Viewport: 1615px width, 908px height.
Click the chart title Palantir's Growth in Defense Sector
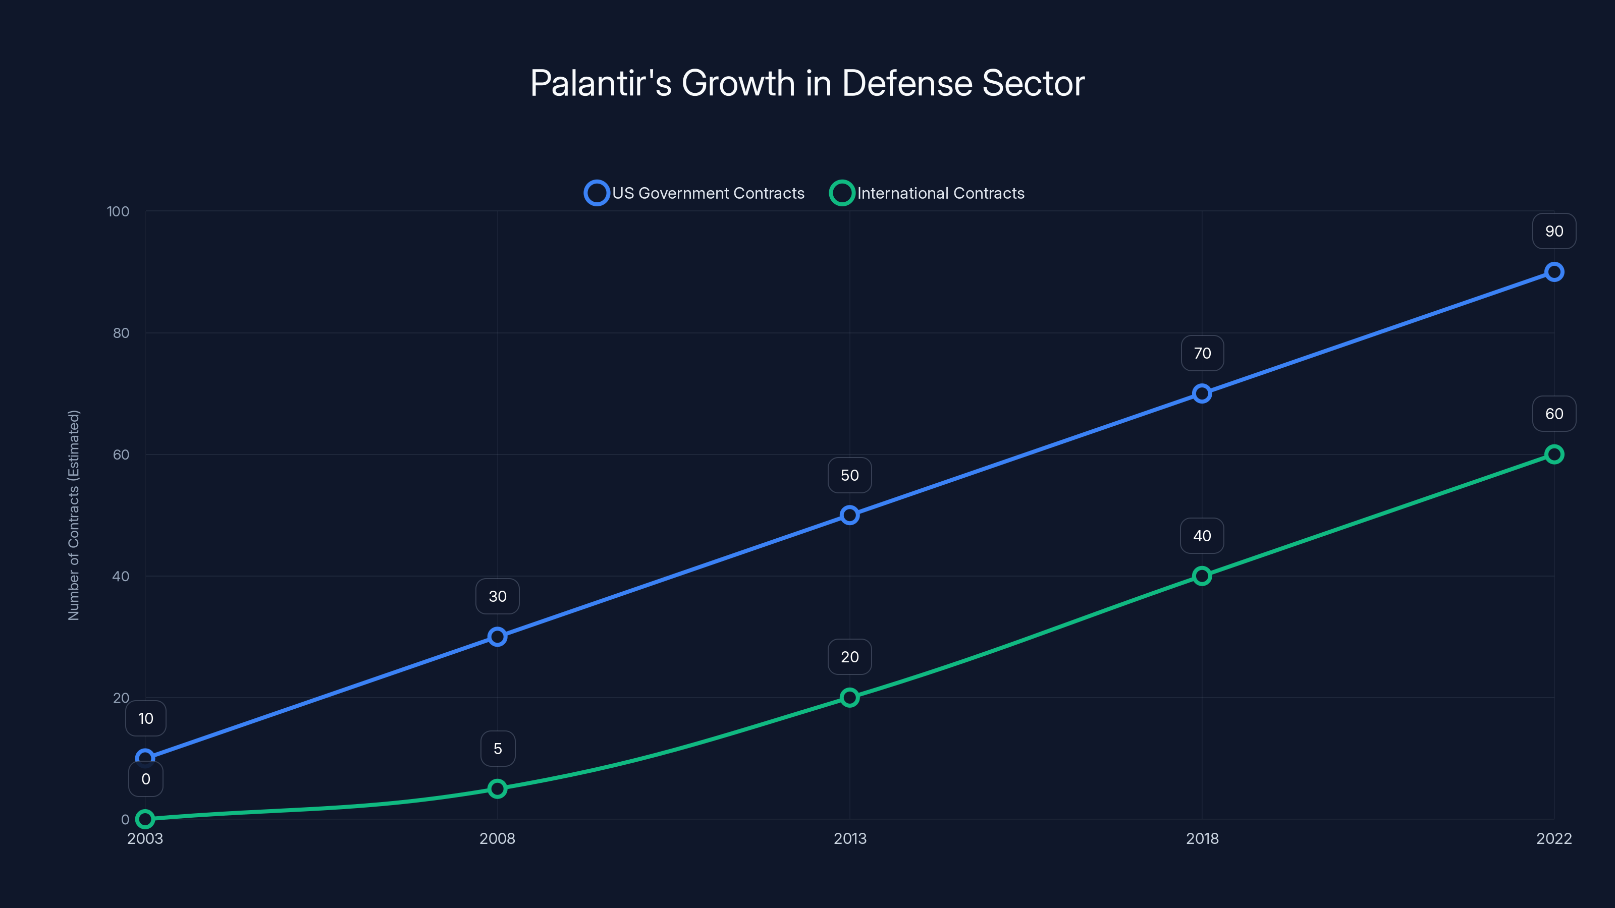[807, 83]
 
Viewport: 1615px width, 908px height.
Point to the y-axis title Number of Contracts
[73, 515]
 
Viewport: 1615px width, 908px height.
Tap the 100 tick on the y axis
[118, 211]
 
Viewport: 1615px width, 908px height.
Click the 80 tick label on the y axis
[121, 333]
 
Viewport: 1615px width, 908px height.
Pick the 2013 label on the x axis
[849, 838]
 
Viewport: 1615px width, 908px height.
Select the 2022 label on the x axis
[1553, 838]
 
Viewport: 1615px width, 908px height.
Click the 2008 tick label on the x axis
[497, 838]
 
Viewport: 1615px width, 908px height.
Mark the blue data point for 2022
[1553, 272]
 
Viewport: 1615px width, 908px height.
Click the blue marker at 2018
[1202, 393]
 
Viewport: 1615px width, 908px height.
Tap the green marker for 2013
[849, 698]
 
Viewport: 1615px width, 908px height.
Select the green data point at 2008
[497, 788]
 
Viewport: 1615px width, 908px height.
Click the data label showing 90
[1553, 231]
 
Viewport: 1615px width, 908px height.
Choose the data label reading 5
[498, 749]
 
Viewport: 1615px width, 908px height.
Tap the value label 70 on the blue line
[1202, 354]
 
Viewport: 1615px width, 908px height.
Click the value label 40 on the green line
[1202, 536]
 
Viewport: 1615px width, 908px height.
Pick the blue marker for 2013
[849, 515]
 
